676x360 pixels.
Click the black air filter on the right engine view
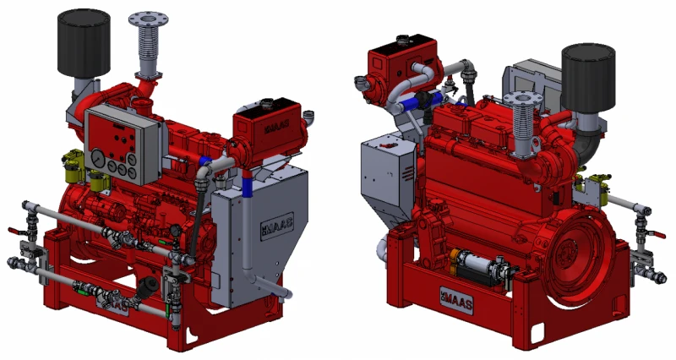click(588, 78)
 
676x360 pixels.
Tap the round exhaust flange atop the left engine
click(149, 19)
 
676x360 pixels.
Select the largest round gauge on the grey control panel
click(98, 157)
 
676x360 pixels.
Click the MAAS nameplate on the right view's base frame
click(456, 300)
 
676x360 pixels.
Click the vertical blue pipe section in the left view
click(247, 185)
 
